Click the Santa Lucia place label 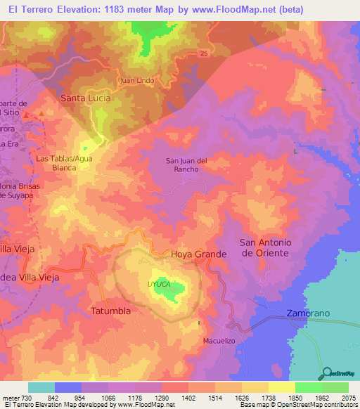(86, 98)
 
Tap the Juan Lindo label (137, 80)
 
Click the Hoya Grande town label (198, 254)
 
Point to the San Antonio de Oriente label (265, 247)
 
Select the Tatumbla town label (112, 310)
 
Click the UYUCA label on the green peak (158, 284)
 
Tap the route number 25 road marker (203, 53)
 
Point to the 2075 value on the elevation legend (348, 398)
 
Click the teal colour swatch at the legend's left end (41, 387)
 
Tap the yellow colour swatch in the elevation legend (281, 387)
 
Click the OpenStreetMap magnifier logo (326, 372)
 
